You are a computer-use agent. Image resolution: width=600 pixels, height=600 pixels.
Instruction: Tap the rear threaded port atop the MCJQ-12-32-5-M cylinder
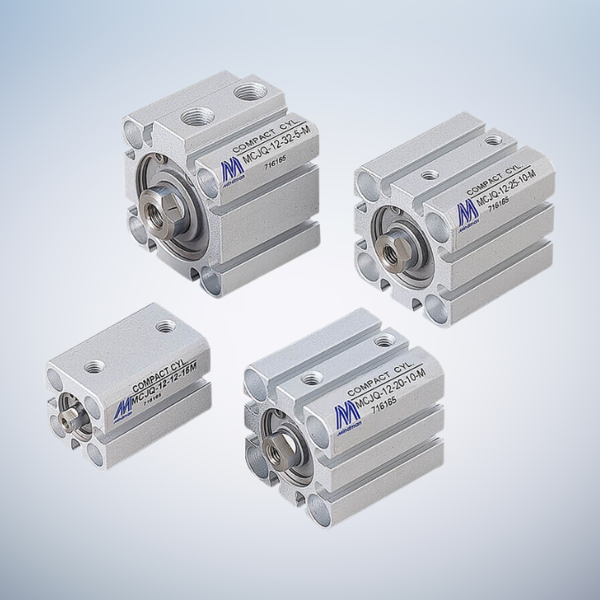[242, 92]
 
